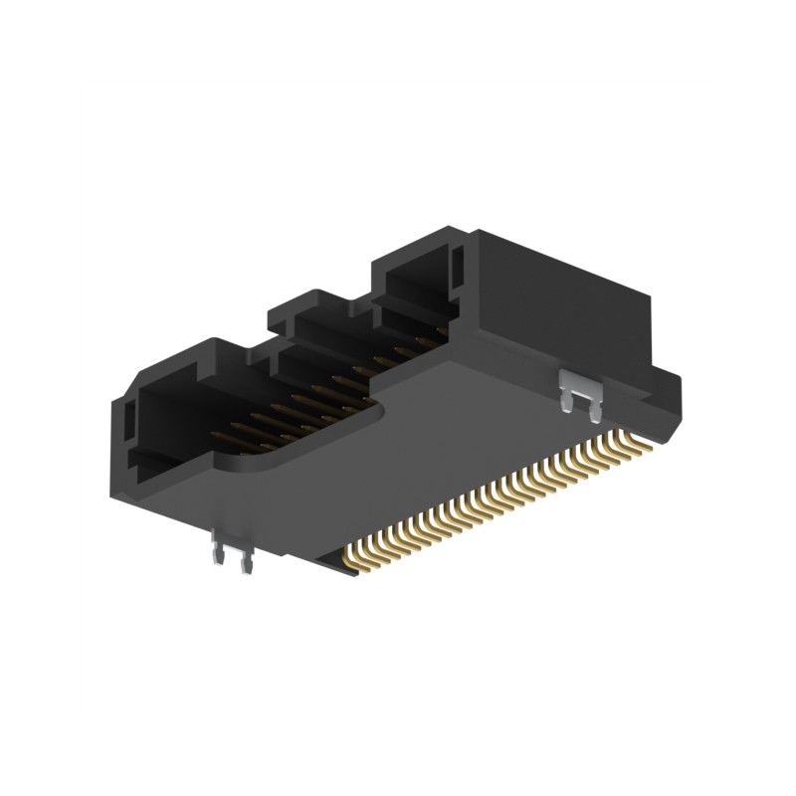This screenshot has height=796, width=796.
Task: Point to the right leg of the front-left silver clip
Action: click(x=245, y=563)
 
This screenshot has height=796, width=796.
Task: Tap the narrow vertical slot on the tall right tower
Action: click(x=458, y=263)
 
